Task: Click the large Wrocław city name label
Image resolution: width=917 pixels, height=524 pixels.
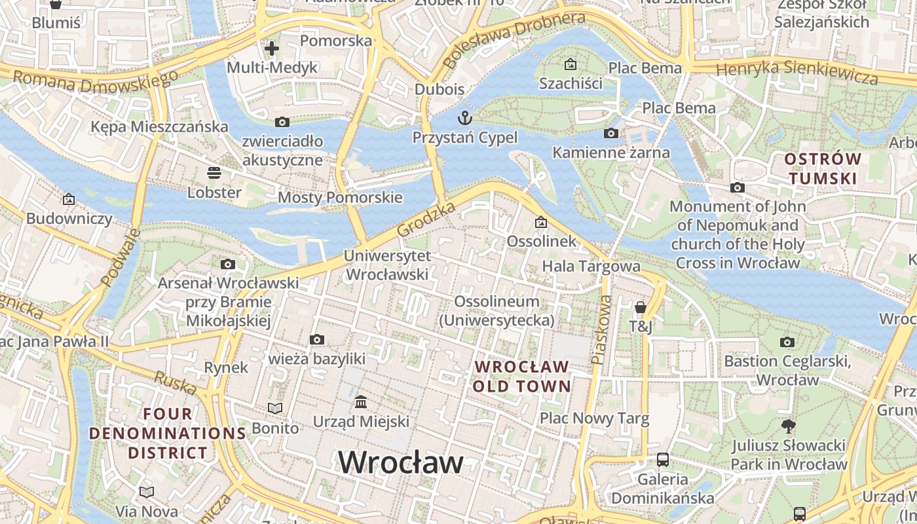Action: point(400,462)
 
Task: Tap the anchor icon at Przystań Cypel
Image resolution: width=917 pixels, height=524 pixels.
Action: point(464,118)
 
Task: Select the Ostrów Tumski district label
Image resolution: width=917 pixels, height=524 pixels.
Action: point(823,168)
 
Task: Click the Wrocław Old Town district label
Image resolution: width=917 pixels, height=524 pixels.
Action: point(522,376)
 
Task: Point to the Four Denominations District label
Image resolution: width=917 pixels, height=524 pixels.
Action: point(168,433)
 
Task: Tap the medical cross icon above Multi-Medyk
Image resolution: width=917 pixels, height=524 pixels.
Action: point(271,48)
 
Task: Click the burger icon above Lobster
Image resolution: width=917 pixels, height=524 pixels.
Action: point(214,173)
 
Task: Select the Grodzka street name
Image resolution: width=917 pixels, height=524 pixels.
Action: point(426,220)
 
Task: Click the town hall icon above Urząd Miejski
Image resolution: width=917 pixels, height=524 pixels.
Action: point(361,402)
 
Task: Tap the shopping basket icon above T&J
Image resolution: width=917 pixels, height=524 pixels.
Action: point(640,307)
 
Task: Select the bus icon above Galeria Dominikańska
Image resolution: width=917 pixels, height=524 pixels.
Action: point(663,460)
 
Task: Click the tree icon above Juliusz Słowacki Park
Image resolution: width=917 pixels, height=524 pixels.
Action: point(789,426)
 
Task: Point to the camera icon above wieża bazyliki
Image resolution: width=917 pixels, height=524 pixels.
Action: point(317,339)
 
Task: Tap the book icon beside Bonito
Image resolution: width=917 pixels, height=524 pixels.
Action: point(275,409)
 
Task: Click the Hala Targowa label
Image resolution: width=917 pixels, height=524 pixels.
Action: point(591,266)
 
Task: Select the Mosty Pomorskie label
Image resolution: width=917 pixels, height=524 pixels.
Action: point(340,197)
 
